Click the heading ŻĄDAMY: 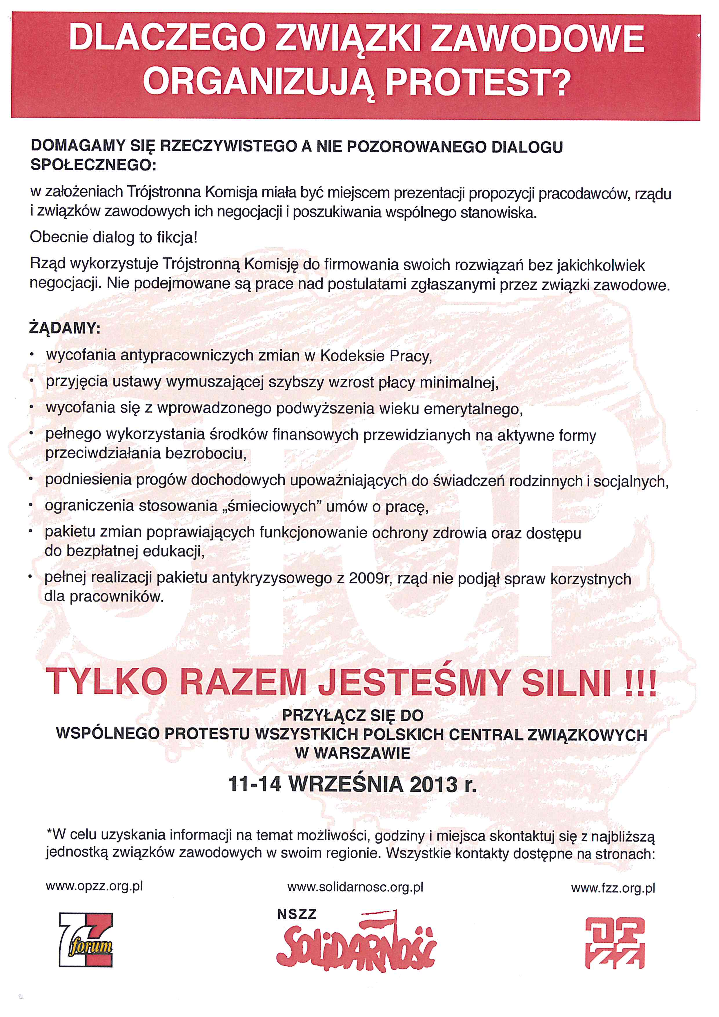[65, 328]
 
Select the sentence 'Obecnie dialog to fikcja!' [113, 238]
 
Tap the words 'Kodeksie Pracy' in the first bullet [375, 356]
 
